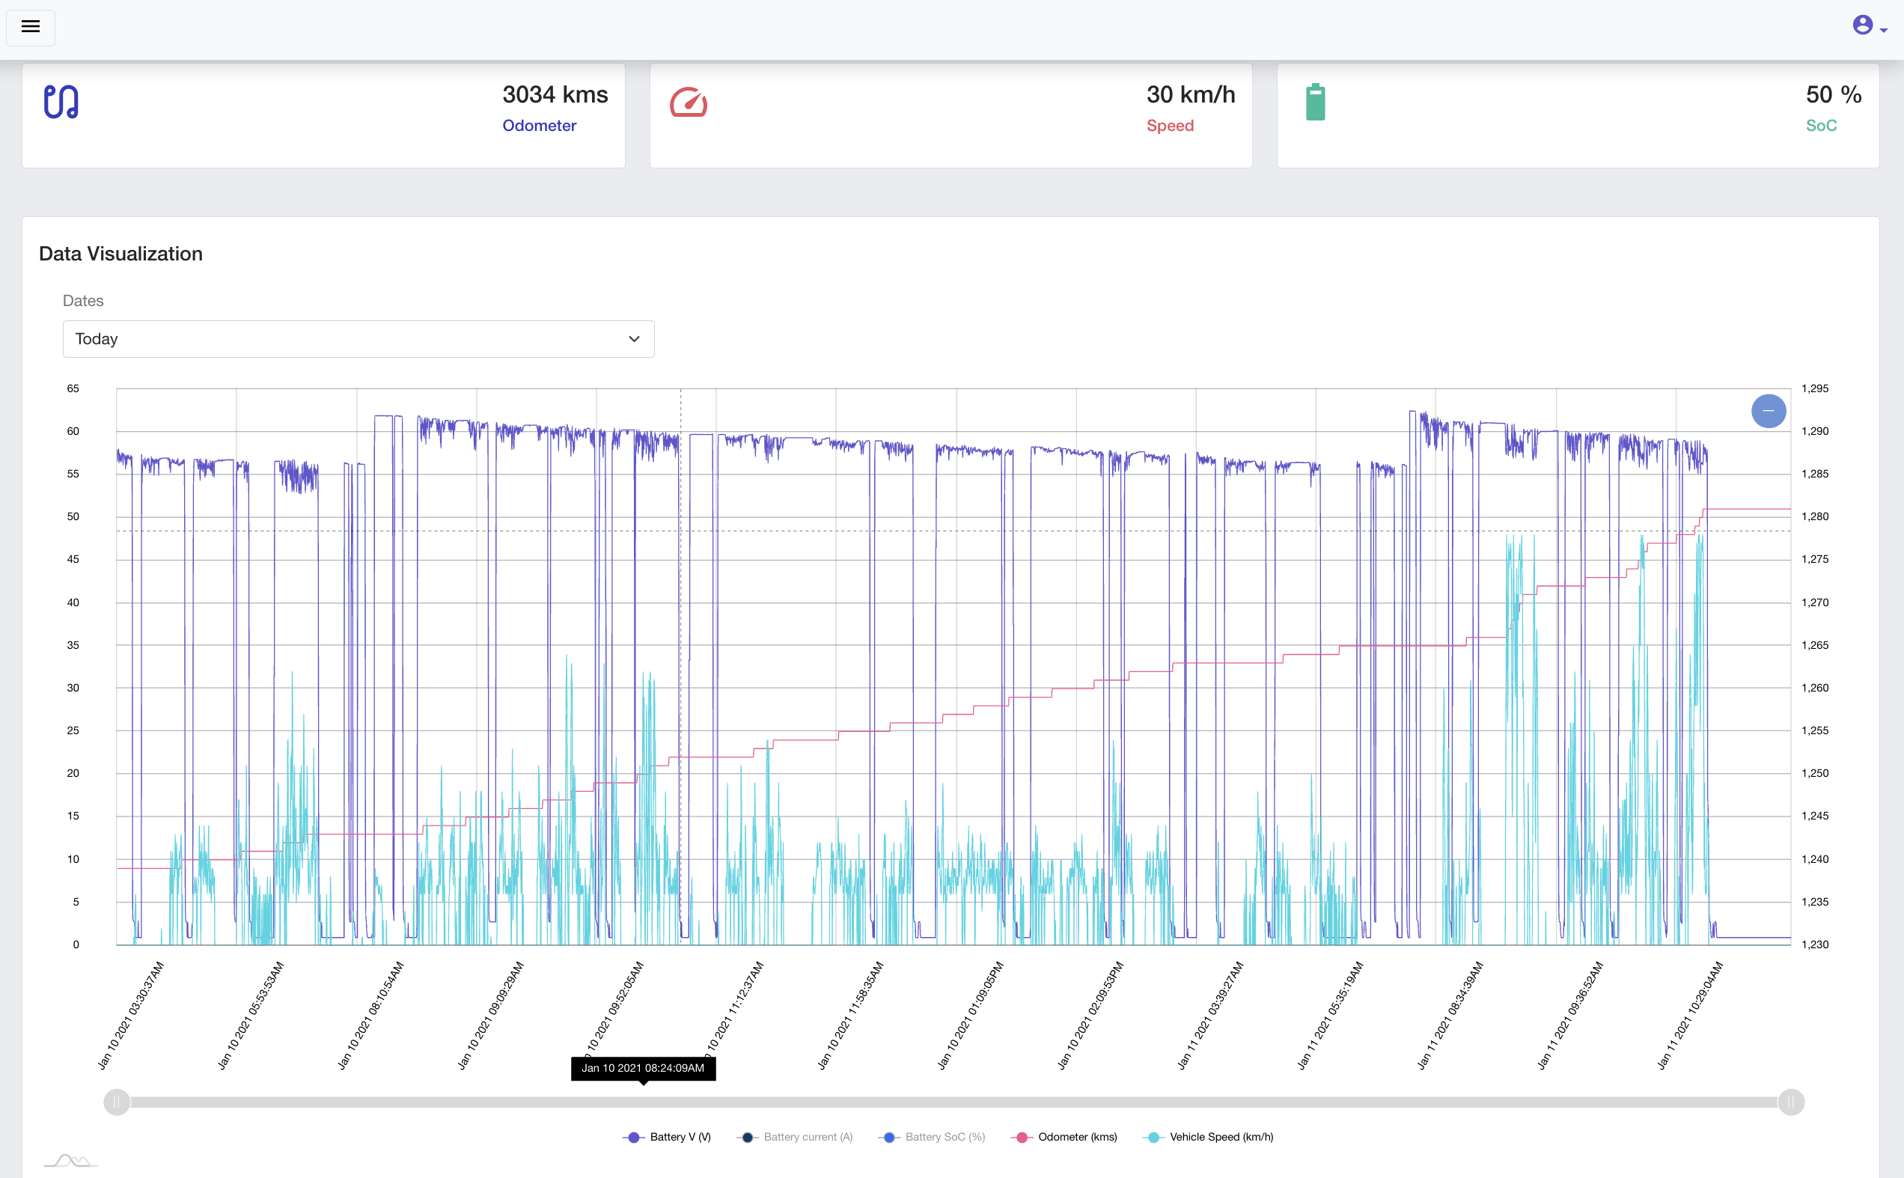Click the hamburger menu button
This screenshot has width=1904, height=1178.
tap(31, 27)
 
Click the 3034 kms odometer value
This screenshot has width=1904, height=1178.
tap(555, 95)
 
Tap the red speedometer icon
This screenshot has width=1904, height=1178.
tap(689, 103)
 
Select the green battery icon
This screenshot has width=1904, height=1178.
tap(1315, 102)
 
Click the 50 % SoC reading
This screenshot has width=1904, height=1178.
tap(1833, 95)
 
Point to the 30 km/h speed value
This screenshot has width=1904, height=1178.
tap(1191, 95)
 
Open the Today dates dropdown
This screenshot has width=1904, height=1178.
tap(358, 339)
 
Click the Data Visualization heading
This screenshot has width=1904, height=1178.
tap(120, 254)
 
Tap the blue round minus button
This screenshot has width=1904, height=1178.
tap(1769, 411)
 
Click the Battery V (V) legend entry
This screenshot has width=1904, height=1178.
tap(668, 1138)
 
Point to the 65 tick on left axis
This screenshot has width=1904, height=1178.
tap(73, 388)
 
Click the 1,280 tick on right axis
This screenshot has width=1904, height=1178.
tap(1814, 516)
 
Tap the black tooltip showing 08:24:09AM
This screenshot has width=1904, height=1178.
tap(643, 1068)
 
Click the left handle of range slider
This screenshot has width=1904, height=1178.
tap(117, 1102)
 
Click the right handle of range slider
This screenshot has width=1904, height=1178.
tap(1791, 1102)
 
